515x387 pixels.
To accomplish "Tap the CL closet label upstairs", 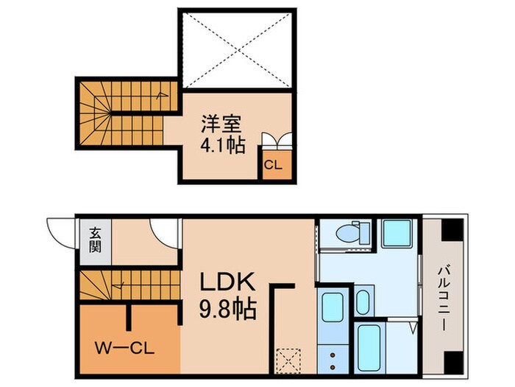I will click(x=273, y=165).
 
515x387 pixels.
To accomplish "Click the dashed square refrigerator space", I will click(x=288, y=360).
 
